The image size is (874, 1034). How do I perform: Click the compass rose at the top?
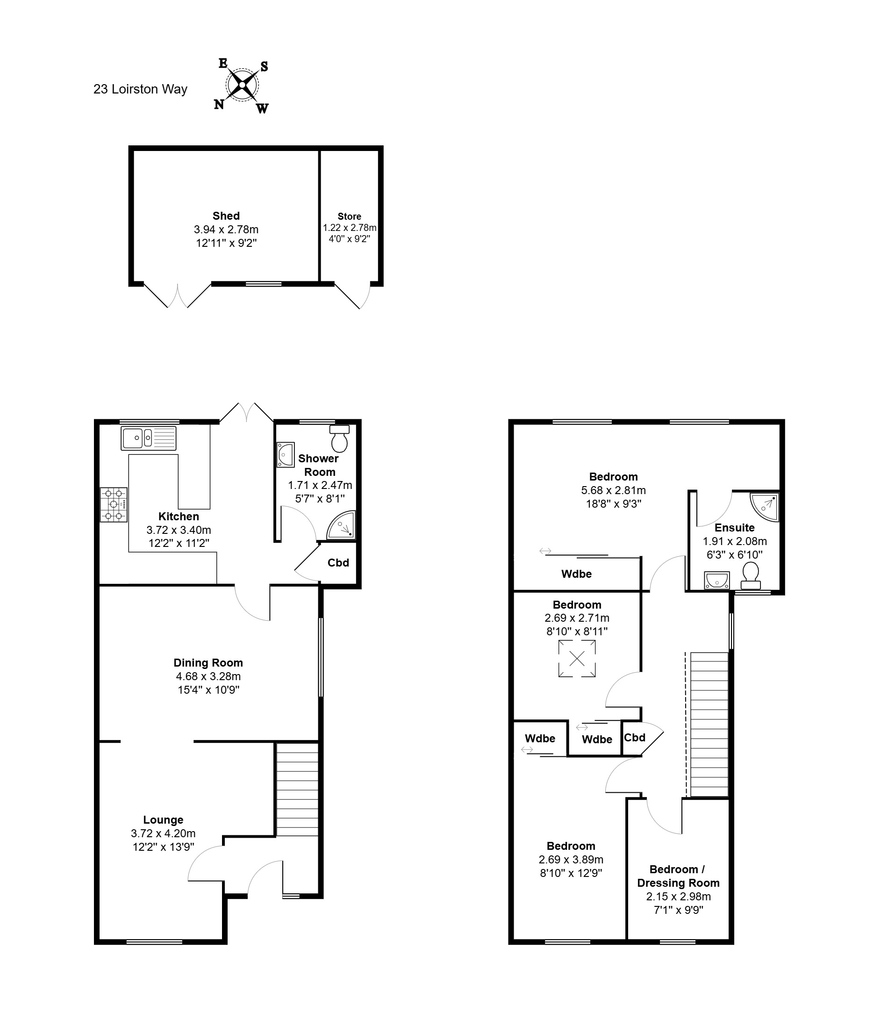(242, 85)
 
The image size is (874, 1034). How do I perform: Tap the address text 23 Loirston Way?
(140, 89)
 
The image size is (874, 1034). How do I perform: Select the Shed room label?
(226, 216)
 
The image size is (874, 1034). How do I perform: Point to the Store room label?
(349, 216)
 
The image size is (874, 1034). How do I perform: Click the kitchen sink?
(149, 438)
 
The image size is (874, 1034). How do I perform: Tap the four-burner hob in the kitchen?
(114, 505)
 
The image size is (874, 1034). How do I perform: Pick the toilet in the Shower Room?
(340, 438)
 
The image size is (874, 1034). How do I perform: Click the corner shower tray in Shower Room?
(341, 525)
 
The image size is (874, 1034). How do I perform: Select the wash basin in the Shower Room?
(286, 454)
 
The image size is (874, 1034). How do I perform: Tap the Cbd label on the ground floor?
(338, 563)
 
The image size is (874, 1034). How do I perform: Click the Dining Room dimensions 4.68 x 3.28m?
(208, 676)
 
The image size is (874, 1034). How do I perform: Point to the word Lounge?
(163, 820)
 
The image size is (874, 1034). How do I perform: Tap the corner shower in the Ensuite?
(764, 507)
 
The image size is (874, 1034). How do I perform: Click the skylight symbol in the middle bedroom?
(577, 659)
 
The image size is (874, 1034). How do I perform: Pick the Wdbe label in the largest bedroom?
(576, 574)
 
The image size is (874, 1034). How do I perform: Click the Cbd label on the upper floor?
(635, 737)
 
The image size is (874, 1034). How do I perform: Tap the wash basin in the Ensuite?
(716, 580)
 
